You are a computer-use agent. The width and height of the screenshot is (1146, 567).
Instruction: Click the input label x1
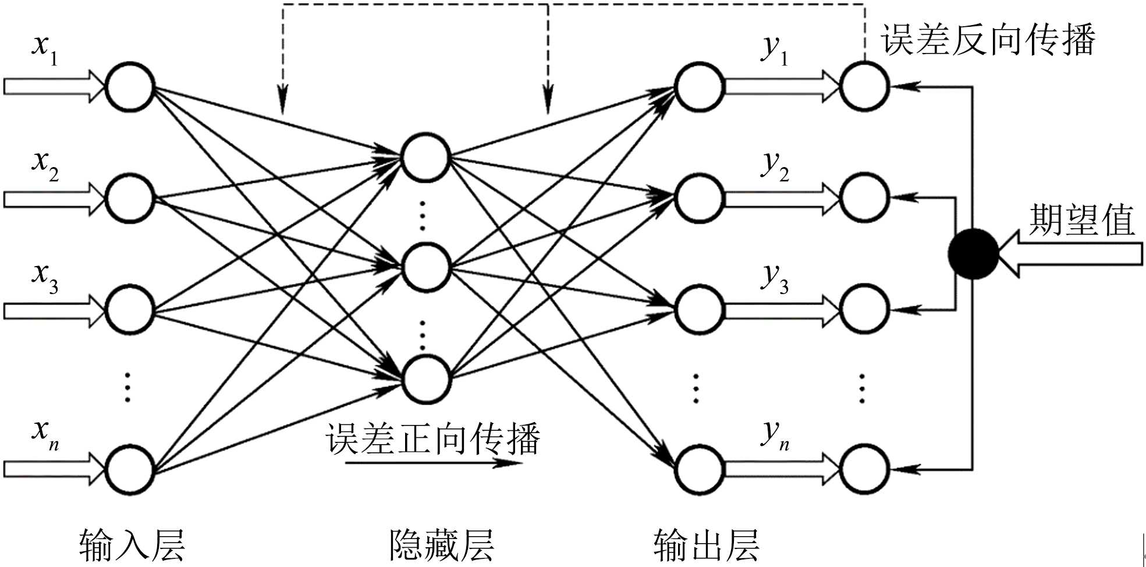(x=45, y=50)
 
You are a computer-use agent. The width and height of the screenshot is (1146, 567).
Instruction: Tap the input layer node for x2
(x=129, y=198)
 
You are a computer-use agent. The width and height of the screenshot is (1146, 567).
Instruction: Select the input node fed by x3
(x=129, y=309)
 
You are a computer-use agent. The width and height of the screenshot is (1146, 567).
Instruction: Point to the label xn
(x=45, y=434)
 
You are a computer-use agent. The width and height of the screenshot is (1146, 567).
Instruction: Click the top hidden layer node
(x=425, y=158)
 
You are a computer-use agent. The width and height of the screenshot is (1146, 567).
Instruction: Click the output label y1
(x=775, y=50)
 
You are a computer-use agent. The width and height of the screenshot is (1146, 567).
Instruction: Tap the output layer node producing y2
(x=699, y=198)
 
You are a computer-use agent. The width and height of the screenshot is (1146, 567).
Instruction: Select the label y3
(x=775, y=278)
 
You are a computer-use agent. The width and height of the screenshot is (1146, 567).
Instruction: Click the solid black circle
(x=973, y=254)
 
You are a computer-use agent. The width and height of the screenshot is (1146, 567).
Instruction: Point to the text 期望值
(x=1081, y=220)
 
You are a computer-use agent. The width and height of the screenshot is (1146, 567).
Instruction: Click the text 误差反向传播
(x=988, y=40)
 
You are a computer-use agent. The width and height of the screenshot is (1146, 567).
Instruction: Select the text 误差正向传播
(x=433, y=438)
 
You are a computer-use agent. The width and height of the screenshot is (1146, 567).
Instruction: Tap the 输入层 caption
(x=132, y=545)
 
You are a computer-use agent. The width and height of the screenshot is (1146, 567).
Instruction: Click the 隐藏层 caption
(x=442, y=545)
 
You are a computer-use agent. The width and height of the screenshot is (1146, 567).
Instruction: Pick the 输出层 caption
(x=707, y=545)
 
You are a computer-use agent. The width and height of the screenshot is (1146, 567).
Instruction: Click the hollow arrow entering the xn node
(x=55, y=469)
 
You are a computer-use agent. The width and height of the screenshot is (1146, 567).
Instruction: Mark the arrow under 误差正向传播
(x=433, y=463)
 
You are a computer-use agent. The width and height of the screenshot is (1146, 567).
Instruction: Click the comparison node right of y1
(x=864, y=87)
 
